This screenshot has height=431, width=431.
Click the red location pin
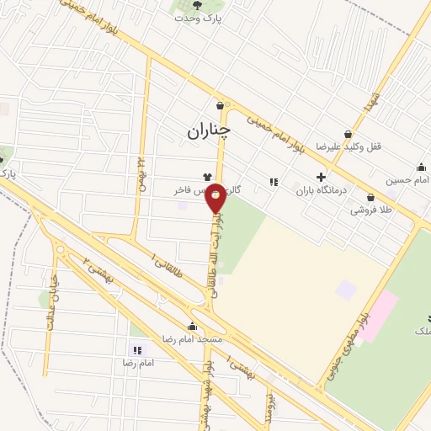(x=216, y=197)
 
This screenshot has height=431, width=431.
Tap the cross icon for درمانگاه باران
(x=320, y=178)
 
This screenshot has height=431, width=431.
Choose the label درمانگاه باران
(x=316, y=191)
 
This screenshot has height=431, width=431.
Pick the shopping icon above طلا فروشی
(x=370, y=197)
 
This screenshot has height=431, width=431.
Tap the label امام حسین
(x=409, y=180)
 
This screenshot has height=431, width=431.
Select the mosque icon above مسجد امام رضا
(x=192, y=326)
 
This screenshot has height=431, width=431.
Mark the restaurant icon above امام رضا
(x=136, y=350)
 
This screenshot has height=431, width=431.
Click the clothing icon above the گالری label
(x=207, y=177)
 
